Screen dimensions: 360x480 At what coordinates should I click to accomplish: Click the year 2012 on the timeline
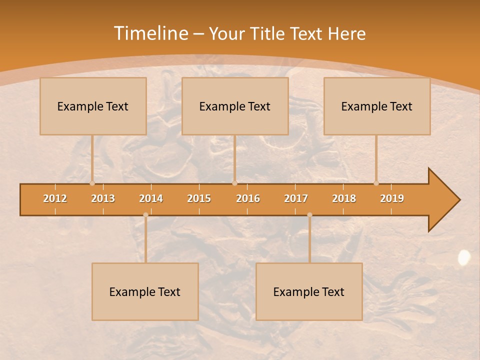click(x=55, y=198)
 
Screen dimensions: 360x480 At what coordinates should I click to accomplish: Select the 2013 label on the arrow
click(x=103, y=198)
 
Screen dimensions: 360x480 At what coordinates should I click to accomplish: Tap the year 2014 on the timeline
click(x=151, y=198)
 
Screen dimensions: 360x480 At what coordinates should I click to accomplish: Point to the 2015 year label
click(x=199, y=198)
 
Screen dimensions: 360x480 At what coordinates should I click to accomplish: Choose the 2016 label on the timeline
click(x=248, y=198)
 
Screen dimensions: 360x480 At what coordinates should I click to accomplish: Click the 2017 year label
click(x=296, y=198)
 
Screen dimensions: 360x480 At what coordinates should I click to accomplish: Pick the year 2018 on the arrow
click(x=344, y=198)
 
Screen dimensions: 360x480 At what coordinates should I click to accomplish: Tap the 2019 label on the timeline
click(x=392, y=198)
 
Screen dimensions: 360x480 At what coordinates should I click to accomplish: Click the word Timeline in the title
click(x=150, y=33)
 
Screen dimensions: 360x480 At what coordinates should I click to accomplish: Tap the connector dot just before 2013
click(x=92, y=183)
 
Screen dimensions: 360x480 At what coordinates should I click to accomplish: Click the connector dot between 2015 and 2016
click(x=234, y=183)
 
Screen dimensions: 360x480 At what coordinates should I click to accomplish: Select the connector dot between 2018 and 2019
click(x=376, y=183)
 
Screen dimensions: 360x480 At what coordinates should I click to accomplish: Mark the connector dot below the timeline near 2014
click(x=145, y=215)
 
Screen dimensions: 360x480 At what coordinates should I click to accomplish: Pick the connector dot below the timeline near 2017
click(x=309, y=215)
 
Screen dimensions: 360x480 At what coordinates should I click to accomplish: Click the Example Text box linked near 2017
click(x=309, y=291)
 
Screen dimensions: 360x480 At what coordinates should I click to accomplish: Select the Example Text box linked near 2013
click(x=93, y=106)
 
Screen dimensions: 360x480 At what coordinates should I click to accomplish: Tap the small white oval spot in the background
click(x=464, y=257)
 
